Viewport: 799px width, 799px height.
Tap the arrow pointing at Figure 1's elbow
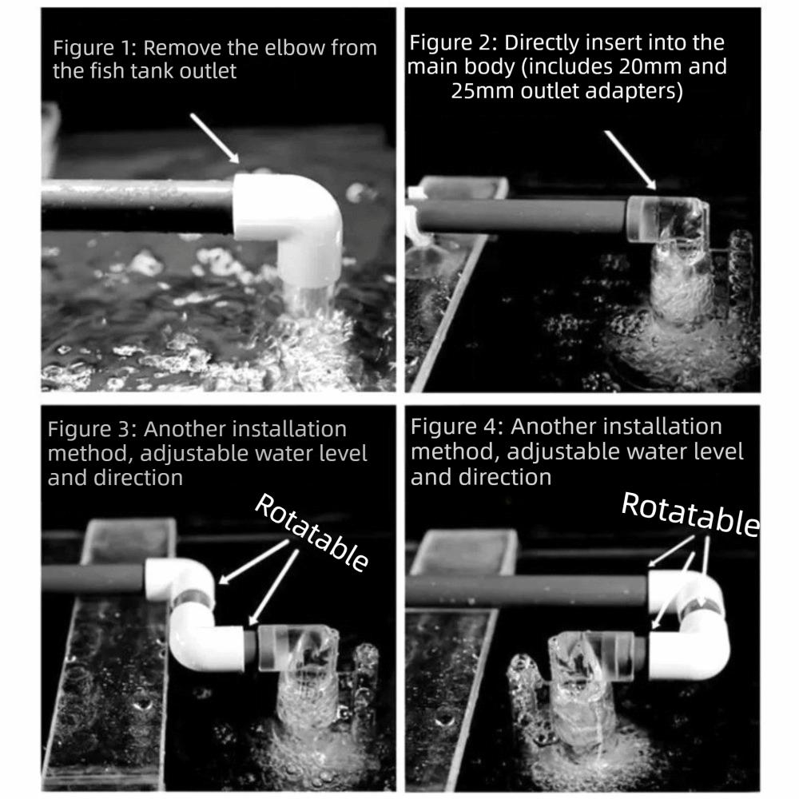[x=214, y=138]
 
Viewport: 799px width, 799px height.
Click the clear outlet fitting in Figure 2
[x=667, y=221]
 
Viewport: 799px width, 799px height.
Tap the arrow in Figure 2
[x=630, y=160]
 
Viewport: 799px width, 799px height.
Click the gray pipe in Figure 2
[x=521, y=216]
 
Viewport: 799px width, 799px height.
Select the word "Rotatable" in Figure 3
[x=312, y=532]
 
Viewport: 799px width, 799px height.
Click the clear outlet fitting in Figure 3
[x=298, y=650]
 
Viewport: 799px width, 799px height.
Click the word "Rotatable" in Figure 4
[x=690, y=514]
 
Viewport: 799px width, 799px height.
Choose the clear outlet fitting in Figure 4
[x=591, y=658]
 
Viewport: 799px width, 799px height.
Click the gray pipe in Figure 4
[x=527, y=591]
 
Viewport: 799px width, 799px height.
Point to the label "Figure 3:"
[x=92, y=430]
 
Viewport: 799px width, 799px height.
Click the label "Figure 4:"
[x=456, y=427]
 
